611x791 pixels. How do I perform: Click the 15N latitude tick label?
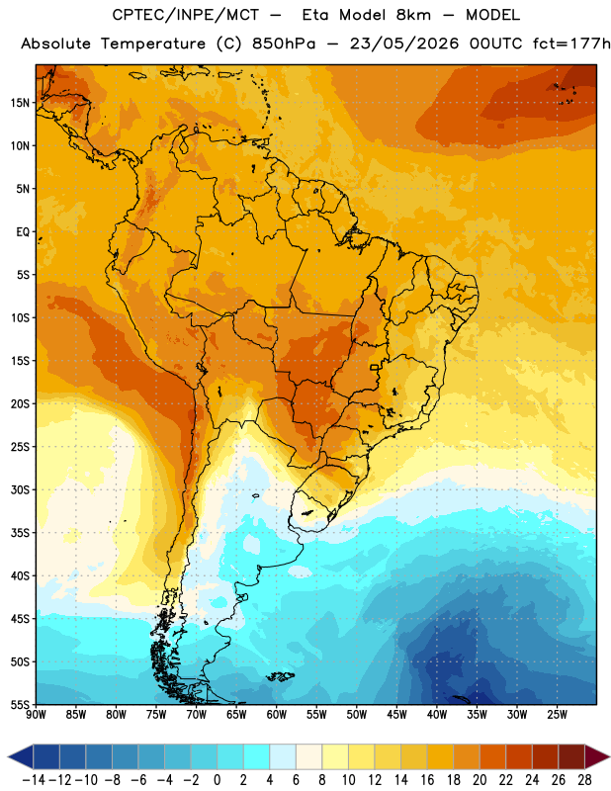[x=20, y=103]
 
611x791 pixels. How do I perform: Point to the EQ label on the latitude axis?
[x=23, y=232]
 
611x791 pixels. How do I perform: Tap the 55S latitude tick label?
[x=20, y=704]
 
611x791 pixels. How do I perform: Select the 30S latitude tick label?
[x=20, y=489]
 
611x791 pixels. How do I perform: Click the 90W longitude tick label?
[x=36, y=714]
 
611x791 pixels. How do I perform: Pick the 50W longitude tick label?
[x=357, y=714]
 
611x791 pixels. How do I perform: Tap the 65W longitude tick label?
[x=236, y=714]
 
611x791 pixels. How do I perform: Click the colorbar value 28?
[x=584, y=780]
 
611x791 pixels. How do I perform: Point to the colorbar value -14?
[x=34, y=780]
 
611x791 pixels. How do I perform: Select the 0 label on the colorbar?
[x=217, y=780]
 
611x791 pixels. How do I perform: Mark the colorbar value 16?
[x=427, y=780]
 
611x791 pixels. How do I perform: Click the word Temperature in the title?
[x=153, y=44]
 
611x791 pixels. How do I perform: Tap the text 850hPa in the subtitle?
[x=284, y=44]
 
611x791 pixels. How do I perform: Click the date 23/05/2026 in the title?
[x=404, y=44]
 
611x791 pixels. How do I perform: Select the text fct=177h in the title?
[x=571, y=44]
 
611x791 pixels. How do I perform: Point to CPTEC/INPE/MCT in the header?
[x=186, y=15]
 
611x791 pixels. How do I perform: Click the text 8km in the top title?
[x=413, y=15]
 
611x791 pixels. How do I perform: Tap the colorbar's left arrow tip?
[x=8, y=756]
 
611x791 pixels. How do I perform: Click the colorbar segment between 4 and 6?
[x=283, y=756]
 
